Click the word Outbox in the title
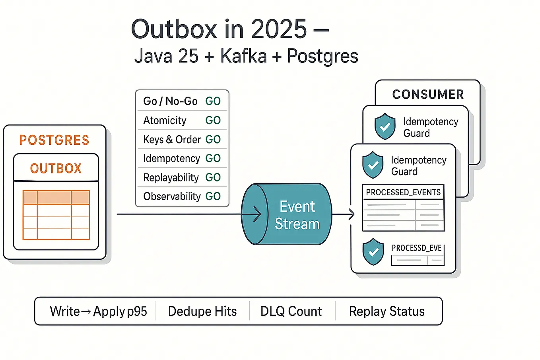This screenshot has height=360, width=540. point(174,29)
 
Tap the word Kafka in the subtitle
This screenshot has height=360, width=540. point(243,56)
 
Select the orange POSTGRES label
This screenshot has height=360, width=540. point(54,140)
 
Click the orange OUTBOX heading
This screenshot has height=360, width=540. point(56,168)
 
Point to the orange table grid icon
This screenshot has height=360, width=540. point(56,215)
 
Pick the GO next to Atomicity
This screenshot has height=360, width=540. point(213,120)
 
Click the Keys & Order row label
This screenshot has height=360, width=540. point(172,139)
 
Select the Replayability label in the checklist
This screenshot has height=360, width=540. point(171,178)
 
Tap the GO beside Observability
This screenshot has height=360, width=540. point(213,196)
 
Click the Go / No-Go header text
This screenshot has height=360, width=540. point(170,101)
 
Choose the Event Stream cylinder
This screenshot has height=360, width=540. point(287,214)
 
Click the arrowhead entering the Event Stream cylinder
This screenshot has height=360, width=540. point(257,214)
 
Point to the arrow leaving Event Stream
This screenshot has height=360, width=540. point(343,214)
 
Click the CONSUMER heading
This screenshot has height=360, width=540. point(428,95)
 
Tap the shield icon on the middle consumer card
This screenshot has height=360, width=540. point(385,126)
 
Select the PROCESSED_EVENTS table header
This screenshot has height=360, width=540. point(403,192)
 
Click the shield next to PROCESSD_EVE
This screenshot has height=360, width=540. point(373,252)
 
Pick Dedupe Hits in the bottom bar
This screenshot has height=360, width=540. point(202,311)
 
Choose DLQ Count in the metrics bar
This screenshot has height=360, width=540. point(291,311)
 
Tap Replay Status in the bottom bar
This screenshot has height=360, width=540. point(387,311)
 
